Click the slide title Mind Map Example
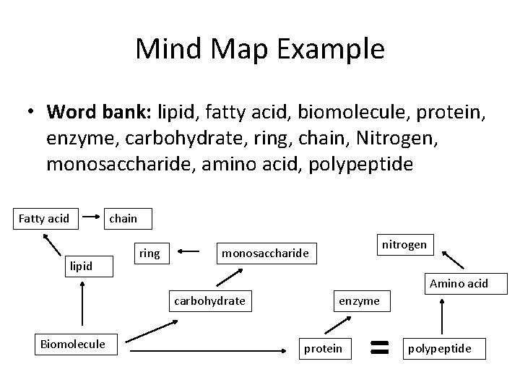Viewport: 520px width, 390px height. click(260, 49)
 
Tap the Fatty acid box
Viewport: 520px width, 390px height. click(44, 218)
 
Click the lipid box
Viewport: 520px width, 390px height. click(81, 266)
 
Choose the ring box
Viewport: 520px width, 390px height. click(149, 253)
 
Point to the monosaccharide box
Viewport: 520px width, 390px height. click(265, 253)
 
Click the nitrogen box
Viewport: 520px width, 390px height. click(403, 245)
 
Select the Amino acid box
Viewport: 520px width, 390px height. click(459, 283)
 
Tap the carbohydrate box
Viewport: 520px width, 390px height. click(209, 300)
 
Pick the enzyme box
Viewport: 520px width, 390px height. click(359, 300)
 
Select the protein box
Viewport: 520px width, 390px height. click(323, 348)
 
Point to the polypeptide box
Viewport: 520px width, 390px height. click(440, 349)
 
